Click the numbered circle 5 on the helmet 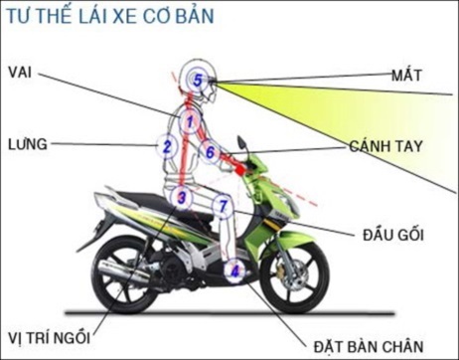(x=199, y=80)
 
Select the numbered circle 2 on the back (x=168, y=148)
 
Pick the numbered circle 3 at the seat (x=181, y=197)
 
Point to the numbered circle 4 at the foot (x=234, y=269)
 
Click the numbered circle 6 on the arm (x=211, y=151)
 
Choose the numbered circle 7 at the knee (x=225, y=207)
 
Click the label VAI (x=19, y=72)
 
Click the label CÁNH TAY (x=386, y=145)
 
